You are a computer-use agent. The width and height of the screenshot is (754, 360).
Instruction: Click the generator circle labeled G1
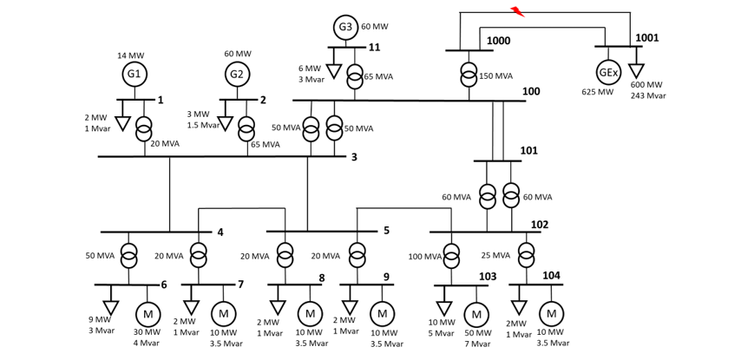(x=134, y=75)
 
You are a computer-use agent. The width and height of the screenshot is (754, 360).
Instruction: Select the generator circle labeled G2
(x=237, y=75)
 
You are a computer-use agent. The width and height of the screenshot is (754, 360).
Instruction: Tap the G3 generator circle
(x=345, y=27)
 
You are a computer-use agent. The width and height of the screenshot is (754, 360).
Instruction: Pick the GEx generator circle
(x=608, y=72)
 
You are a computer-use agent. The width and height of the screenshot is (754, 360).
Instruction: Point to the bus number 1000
(x=498, y=41)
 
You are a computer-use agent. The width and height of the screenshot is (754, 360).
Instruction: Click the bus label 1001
(x=646, y=38)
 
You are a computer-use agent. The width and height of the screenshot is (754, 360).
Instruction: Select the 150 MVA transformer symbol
(x=469, y=75)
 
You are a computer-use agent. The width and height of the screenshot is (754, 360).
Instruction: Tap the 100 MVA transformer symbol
(x=452, y=256)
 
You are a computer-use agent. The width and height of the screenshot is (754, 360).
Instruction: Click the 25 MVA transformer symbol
(x=526, y=256)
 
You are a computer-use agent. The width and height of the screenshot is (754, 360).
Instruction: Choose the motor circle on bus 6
(x=148, y=313)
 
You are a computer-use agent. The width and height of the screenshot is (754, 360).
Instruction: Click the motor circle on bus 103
(x=476, y=314)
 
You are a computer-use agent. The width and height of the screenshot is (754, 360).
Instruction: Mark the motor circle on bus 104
(x=551, y=313)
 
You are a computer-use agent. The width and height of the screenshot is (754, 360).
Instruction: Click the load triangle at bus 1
(x=122, y=124)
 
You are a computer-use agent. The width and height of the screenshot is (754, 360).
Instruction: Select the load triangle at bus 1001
(x=637, y=69)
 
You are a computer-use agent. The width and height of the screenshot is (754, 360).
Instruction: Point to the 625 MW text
(x=598, y=92)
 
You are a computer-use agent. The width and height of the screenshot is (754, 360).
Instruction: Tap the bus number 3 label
(x=354, y=157)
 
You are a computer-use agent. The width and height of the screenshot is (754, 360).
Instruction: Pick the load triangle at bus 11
(x=333, y=71)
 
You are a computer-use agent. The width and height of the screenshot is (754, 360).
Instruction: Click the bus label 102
(x=539, y=225)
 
